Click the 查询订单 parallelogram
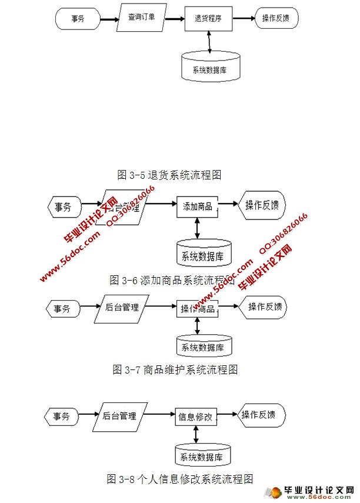(x=142, y=18)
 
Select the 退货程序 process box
(x=208, y=18)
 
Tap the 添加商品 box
(x=197, y=206)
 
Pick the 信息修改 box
(x=195, y=417)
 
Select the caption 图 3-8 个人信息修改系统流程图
(x=180, y=478)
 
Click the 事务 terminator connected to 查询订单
(x=77, y=19)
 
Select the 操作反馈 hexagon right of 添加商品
(x=262, y=205)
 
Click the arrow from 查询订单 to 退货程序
(x=174, y=18)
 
